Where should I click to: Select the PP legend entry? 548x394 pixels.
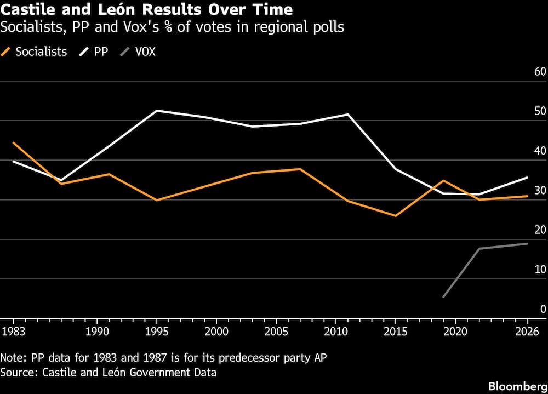(x=101, y=52)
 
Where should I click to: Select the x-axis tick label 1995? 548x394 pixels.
(x=157, y=331)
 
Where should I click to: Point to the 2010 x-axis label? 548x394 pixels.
(x=335, y=331)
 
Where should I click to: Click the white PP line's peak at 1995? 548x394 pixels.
(x=157, y=111)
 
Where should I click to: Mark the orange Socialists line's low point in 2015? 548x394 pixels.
(x=396, y=216)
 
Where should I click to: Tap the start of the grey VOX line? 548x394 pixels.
(x=443, y=297)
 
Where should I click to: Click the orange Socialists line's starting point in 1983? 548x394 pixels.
(x=13, y=142)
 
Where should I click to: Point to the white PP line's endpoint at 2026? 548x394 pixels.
(x=527, y=177)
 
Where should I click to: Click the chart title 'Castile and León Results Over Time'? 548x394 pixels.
(x=147, y=10)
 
